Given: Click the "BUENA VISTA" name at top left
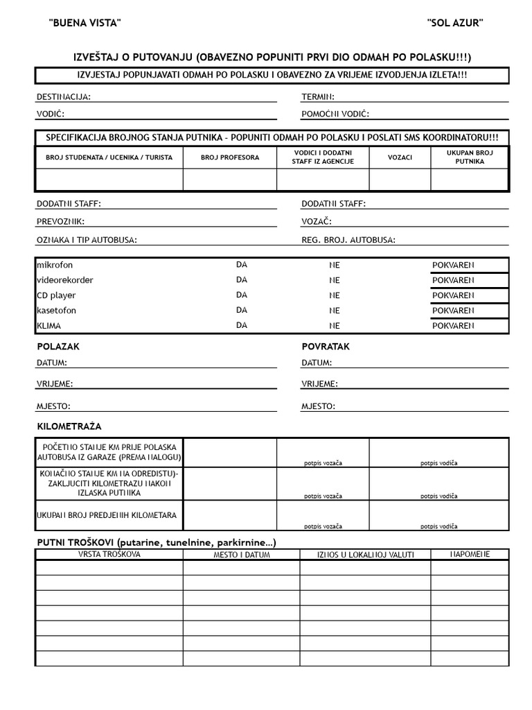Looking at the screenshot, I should [85, 23].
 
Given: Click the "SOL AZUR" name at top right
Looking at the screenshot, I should [455, 23].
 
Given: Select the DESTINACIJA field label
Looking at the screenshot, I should [63, 97].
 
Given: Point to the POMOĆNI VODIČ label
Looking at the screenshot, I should [335, 114].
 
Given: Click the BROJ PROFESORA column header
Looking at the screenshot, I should [230, 157].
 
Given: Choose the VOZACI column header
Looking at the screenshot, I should [400, 157].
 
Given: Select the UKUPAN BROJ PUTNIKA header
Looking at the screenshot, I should [470, 157].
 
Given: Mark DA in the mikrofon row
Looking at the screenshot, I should [242, 264].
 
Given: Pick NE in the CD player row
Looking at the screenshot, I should [335, 295].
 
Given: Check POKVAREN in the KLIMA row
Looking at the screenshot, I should [453, 325].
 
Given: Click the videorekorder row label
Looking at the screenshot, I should [65, 280].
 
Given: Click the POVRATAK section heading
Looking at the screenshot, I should [326, 346].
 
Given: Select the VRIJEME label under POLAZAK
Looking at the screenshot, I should [55, 383].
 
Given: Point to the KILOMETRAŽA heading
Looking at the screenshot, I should [69, 426].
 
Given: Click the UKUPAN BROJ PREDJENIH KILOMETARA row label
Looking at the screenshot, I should [107, 515].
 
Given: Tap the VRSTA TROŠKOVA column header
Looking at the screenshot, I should [109, 555].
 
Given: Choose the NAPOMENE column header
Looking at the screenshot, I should [470, 555].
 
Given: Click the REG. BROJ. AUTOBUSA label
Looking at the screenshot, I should [348, 240].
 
